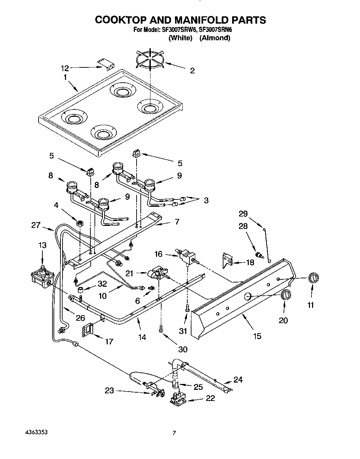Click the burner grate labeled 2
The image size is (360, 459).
pyautogui.click(x=150, y=61)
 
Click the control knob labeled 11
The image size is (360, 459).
pyautogui.click(x=314, y=278)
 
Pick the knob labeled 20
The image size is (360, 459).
pyautogui.click(x=286, y=295)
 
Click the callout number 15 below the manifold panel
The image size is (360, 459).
pyautogui.click(x=257, y=336)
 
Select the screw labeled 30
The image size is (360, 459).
pyautogui.click(x=161, y=327)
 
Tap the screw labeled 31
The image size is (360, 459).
pyautogui.click(x=187, y=308)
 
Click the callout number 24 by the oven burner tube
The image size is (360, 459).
pyautogui.click(x=238, y=379)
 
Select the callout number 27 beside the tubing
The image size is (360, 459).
pyautogui.click(x=36, y=225)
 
